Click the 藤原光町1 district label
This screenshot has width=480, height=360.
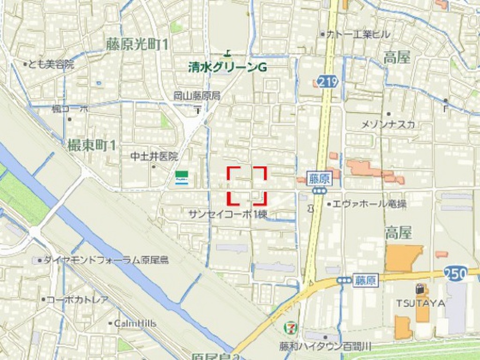(137, 45)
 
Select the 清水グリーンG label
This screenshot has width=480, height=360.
(227, 68)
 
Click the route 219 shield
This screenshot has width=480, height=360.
(327, 82)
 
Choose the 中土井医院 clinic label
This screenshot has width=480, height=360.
(155, 156)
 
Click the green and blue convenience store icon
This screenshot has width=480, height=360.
(182, 178)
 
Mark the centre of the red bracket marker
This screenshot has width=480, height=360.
(247, 186)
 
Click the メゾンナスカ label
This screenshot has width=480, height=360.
(388, 124)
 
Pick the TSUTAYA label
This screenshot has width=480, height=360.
(420, 303)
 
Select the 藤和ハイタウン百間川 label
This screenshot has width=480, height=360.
(325, 346)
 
